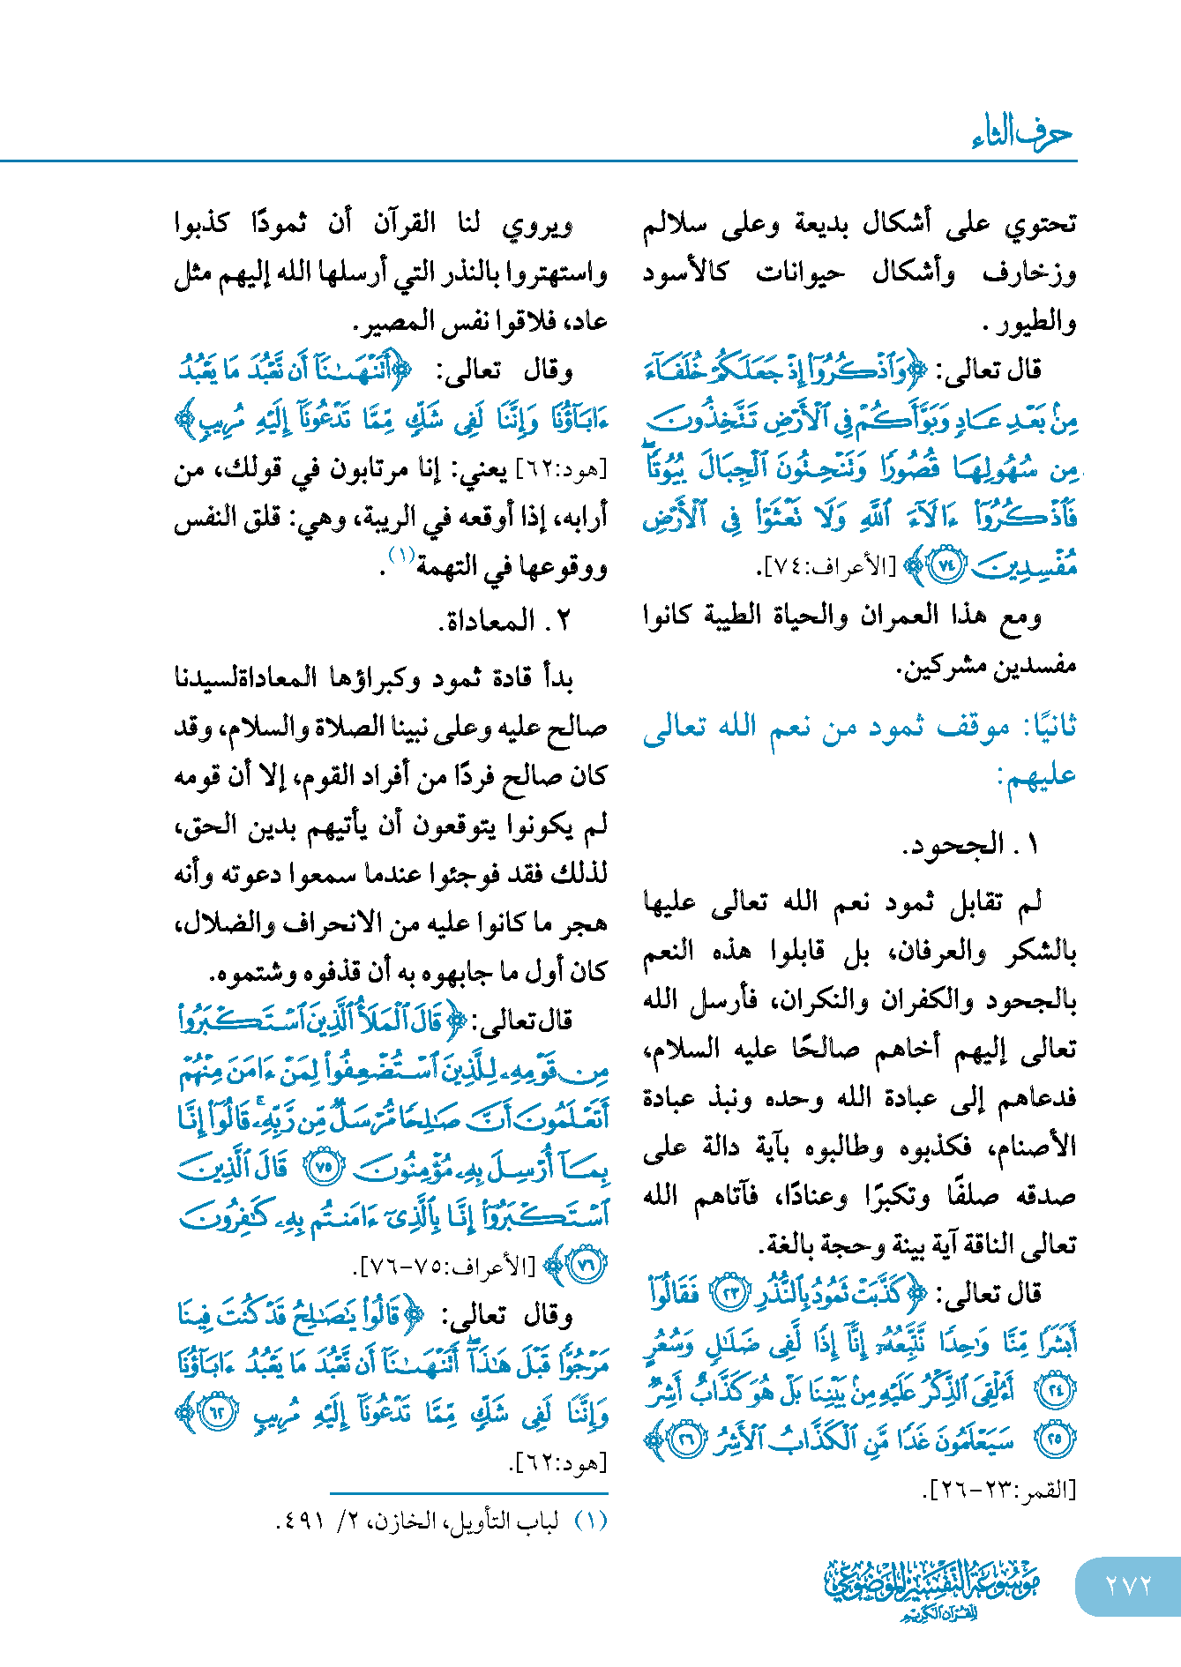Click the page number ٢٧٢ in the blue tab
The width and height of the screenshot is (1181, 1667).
point(1128,1584)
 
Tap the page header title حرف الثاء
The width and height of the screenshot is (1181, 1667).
point(1022,133)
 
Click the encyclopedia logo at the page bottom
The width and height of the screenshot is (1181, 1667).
point(931,1589)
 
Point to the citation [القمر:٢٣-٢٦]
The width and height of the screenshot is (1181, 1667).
point(999,1490)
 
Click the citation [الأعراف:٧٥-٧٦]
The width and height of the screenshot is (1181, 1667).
point(446,1267)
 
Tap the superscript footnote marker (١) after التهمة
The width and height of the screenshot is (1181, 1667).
point(401,555)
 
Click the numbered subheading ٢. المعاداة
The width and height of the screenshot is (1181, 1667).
point(505,621)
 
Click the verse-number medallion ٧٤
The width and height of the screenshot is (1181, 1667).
point(948,565)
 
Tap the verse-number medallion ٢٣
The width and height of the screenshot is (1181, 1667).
point(729,1294)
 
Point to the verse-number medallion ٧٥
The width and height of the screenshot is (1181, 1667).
point(323,1169)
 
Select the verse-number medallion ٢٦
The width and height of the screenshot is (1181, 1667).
point(684,1440)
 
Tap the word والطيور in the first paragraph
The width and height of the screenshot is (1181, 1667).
point(1043,322)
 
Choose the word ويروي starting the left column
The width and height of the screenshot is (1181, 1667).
point(537,225)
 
